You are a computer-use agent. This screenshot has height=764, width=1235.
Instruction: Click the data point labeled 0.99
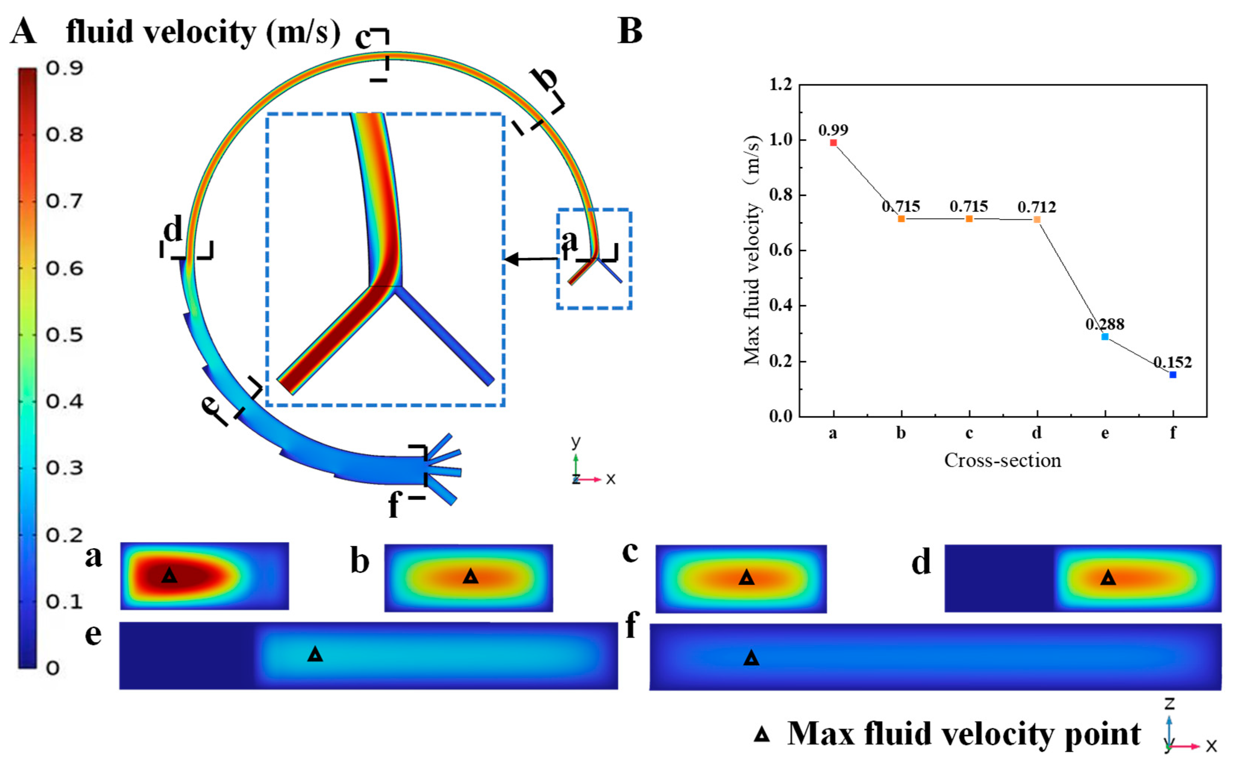pyautogui.click(x=833, y=143)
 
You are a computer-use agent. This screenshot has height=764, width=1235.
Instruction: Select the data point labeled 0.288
pyautogui.click(x=1105, y=337)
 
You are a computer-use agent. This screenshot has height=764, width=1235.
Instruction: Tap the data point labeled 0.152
pyautogui.click(x=1173, y=375)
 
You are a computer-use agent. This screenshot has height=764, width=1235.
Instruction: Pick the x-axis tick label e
pyautogui.click(x=1105, y=433)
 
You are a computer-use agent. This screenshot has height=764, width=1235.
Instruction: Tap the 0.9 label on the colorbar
pyautogui.click(x=64, y=68)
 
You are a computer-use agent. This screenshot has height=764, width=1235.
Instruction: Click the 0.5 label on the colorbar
pyautogui.click(x=64, y=335)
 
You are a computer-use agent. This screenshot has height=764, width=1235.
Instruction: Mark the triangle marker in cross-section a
pyautogui.click(x=170, y=575)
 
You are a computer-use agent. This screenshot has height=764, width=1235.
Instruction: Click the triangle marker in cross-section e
pyautogui.click(x=315, y=654)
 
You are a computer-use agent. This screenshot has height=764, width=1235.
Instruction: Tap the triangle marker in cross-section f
pyautogui.click(x=752, y=658)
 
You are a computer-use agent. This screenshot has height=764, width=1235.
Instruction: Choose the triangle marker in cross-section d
pyautogui.click(x=1108, y=578)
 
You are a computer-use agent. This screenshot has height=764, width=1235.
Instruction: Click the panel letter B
pyautogui.click(x=630, y=31)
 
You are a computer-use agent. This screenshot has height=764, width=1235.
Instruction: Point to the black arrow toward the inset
pyautogui.click(x=531, y=259)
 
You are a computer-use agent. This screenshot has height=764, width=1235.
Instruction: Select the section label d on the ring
pyautogui.click(x=173, y=230)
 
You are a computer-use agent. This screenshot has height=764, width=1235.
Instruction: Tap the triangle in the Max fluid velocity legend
pyautogui.click(x=762, y=735)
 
